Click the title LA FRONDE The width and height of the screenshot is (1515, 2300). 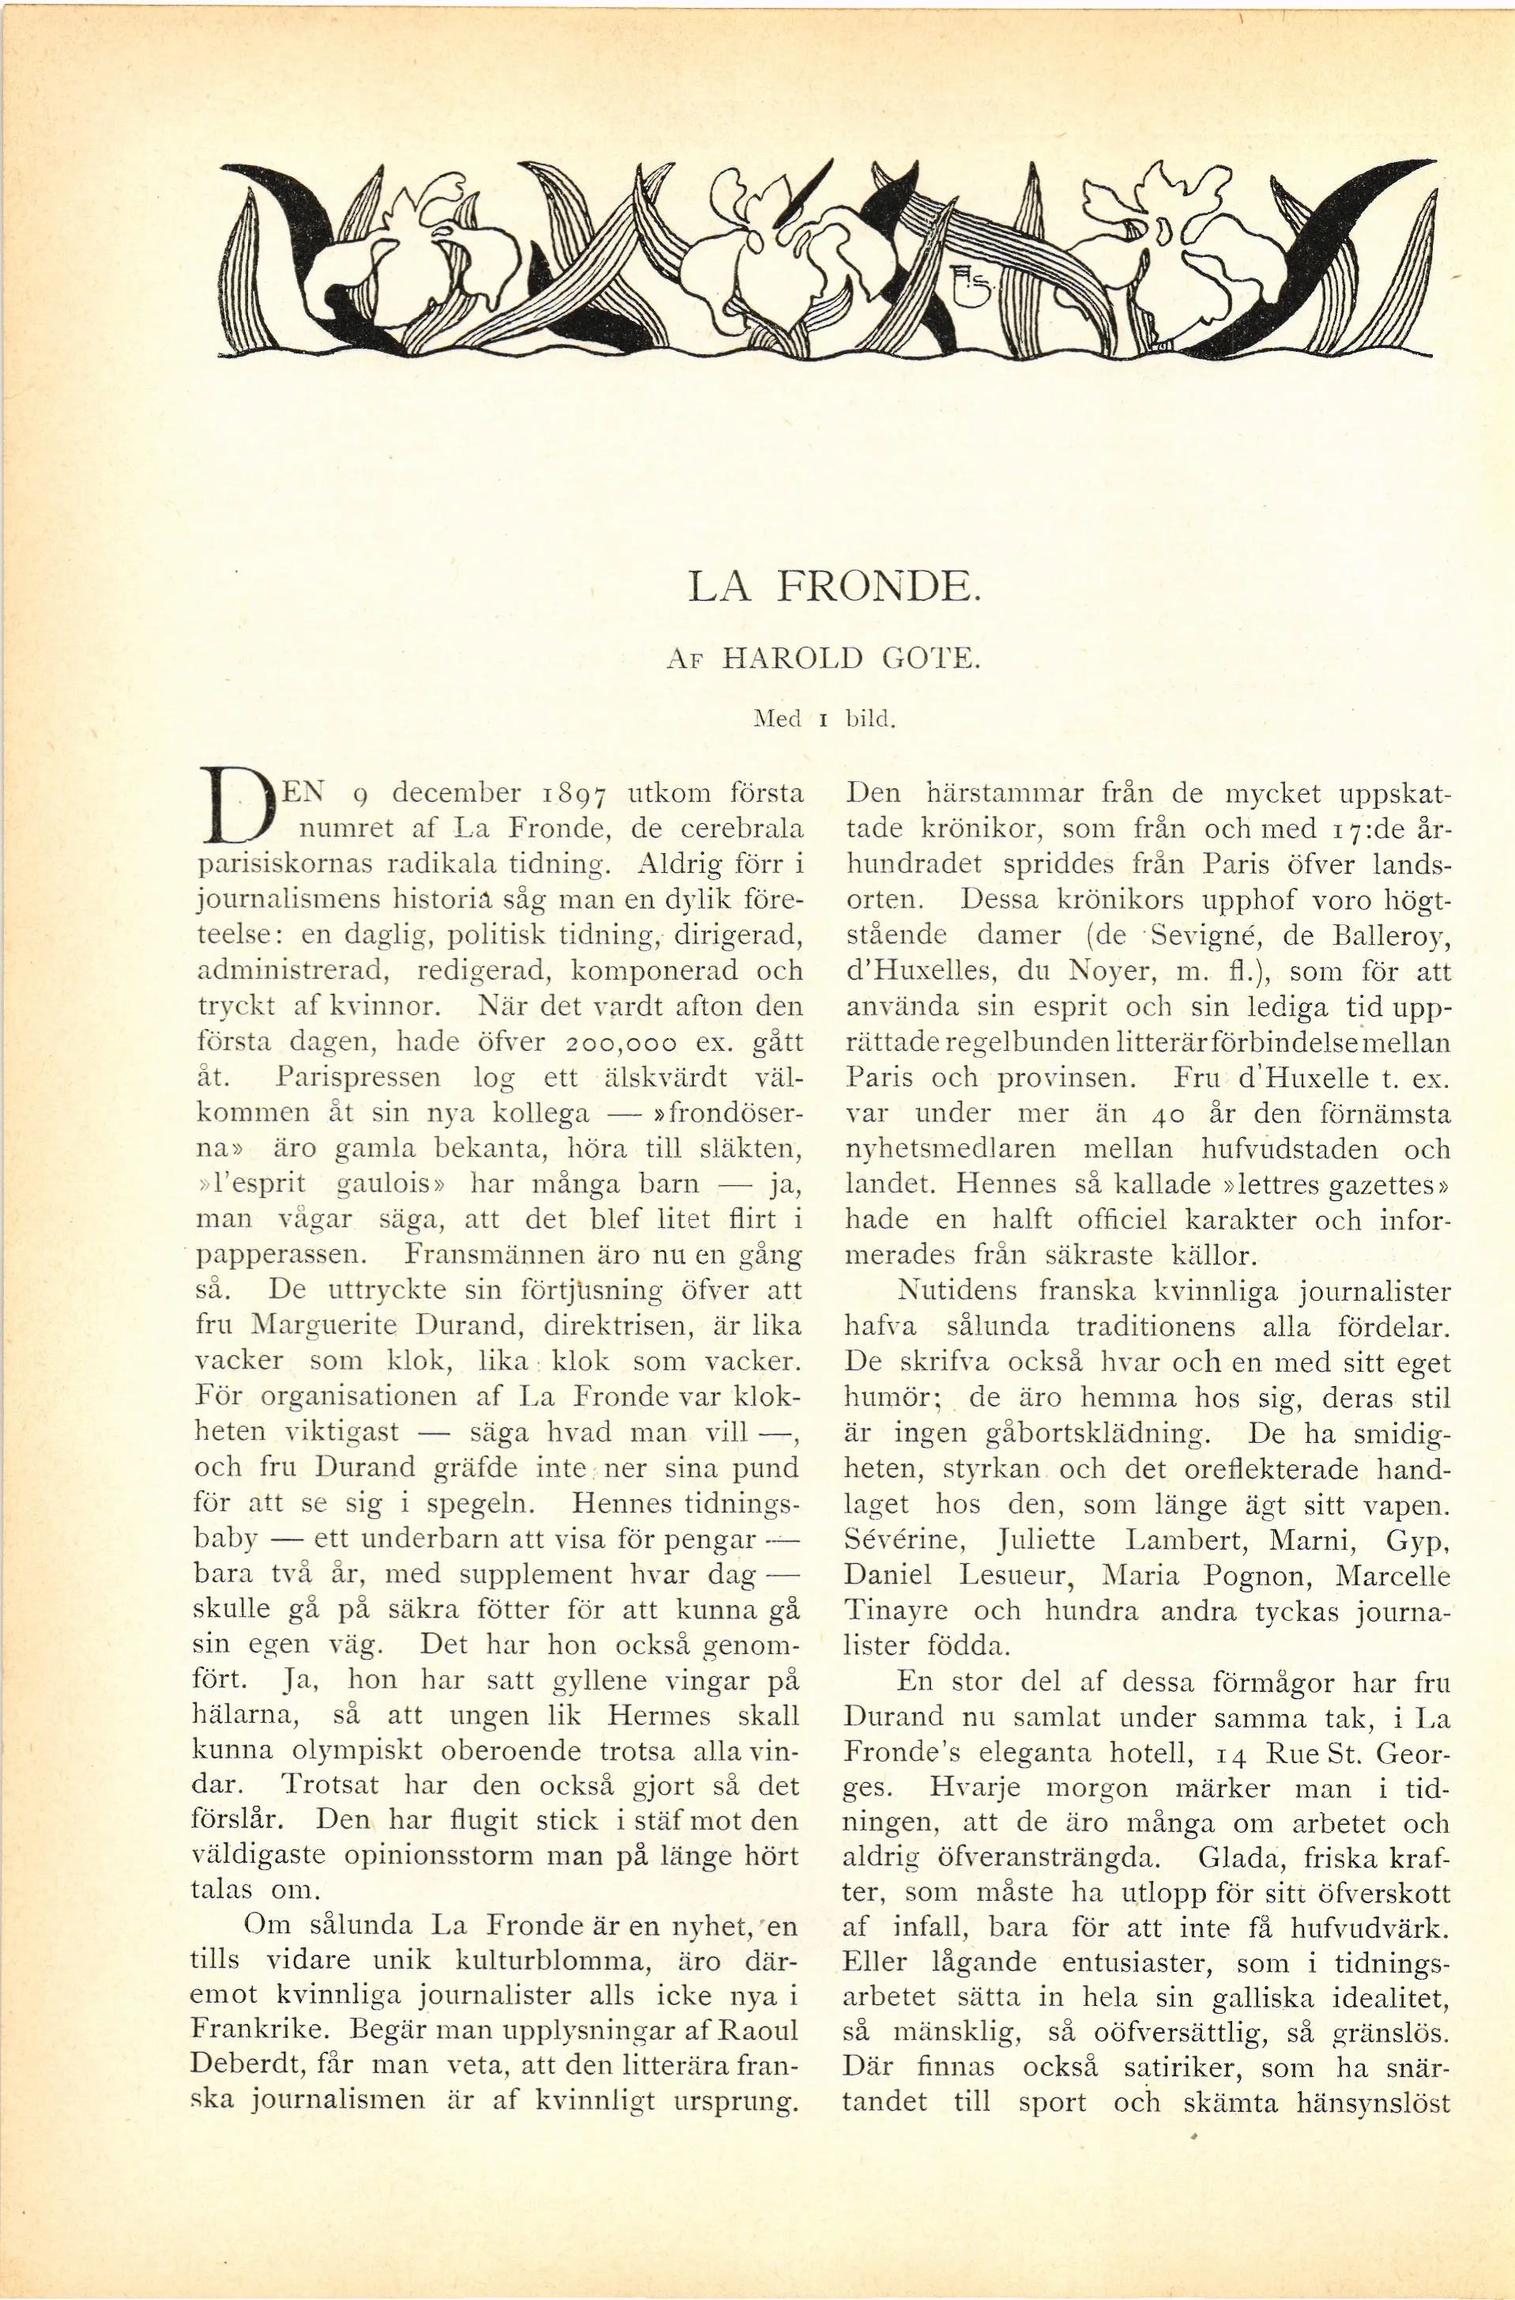[x=834, y=587]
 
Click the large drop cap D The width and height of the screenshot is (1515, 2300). [x=235, y=806]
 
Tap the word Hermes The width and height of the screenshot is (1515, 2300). [x=659, y=1716]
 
